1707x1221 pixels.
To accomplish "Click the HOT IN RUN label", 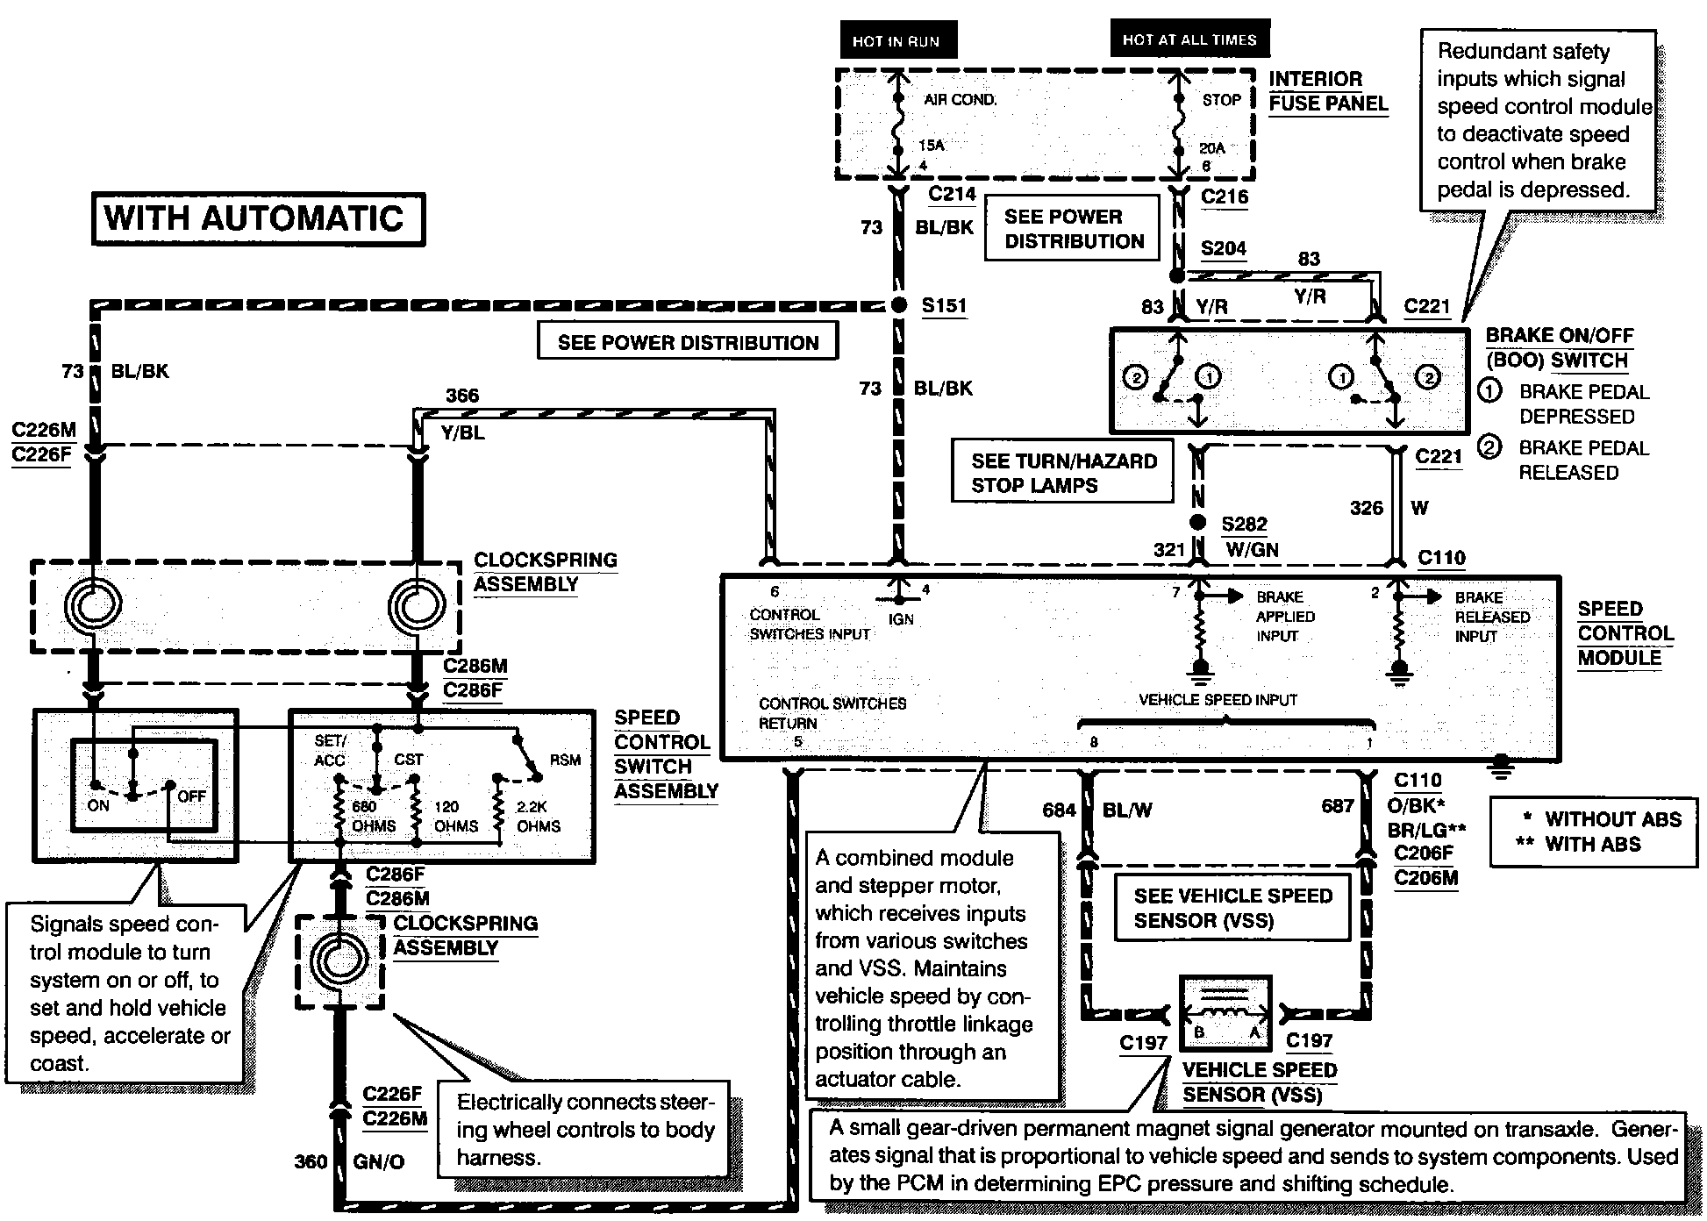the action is tap(896, 41).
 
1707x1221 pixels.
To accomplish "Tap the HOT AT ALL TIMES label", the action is tap(1189, 39).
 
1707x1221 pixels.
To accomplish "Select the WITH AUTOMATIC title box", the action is tap(257, 219).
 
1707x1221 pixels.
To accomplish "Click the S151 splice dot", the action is tap(897, 305).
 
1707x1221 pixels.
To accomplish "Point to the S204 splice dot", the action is tap(1177, 275).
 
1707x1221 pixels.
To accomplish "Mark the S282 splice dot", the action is tap(1198, 524).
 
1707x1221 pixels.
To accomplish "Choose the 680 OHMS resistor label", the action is tap(374, 817).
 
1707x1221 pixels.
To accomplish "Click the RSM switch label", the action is tap(565, 760).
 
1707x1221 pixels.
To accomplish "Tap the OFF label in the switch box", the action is tap(191, 796).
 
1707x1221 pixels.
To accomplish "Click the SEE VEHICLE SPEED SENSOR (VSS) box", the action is tap(1232, 908).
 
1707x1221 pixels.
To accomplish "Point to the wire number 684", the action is tap(1059, 810).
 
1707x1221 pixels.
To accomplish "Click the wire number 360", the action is tap(311, 1161).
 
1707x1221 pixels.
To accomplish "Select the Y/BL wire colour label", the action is tap(463, 432).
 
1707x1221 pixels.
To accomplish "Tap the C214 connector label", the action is tap(953, 194).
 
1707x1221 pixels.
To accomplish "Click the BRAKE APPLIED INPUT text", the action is tap(1285, 617).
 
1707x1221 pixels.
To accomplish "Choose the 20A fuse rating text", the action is tap(1211, 148).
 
